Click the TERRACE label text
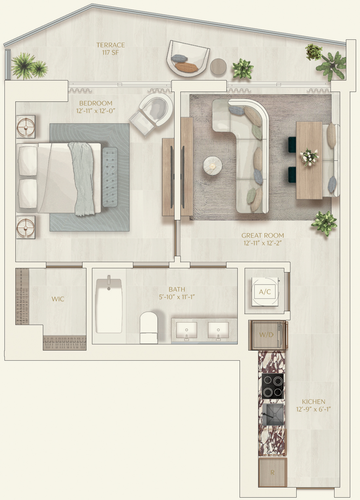[x=110, y=45]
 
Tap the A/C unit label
[x=265, y=291]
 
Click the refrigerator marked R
[x=273, y=472]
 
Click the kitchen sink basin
[x=273, y=415]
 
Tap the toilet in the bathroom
[x=149, y=327]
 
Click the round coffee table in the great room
[x=213, y=165]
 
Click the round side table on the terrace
[x=218, y=66]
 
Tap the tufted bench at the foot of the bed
[x=110, y=177]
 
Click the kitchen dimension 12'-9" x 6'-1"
[x=314, y=409]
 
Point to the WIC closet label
[x=58, y=299]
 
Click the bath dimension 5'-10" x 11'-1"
[x=177, y=297]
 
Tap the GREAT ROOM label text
[x=263, y=235]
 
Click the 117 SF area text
[x=110, y=53]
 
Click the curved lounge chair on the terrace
[x=188, y=59]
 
